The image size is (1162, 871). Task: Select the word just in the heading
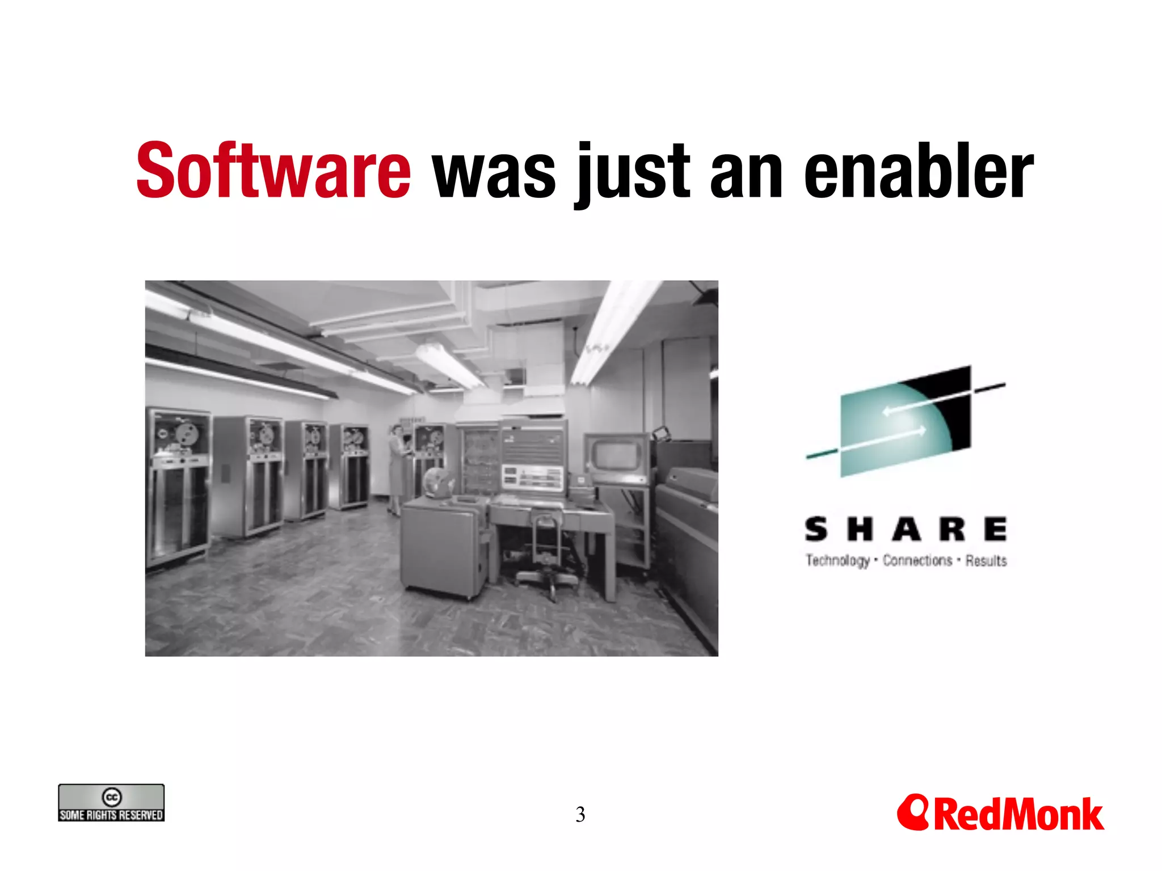tap(633, 172)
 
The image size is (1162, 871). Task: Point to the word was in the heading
tap(494, 172)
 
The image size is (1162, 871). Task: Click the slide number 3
tap(580, 815)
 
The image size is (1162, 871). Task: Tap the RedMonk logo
tap(1000, 813)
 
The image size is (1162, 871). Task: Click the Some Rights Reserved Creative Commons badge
tap(111, 802)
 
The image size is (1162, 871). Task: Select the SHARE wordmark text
tap(906, 530)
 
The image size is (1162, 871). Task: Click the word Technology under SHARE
tap(837, 561)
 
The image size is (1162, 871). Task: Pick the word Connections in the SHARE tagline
tap(917, 561)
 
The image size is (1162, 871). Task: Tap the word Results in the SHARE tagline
tap(986, 561)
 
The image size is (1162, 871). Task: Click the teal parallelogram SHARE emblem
tap(906, 421)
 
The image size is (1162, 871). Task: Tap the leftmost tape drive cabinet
tap(177, 488)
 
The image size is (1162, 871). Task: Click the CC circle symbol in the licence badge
tap(111, 797)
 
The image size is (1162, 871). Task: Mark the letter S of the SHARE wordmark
tap(816, 530)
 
